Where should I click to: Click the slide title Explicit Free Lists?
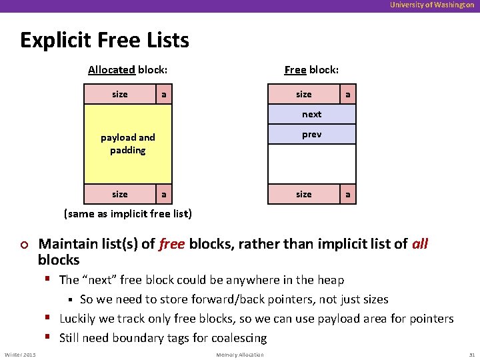[x=105, y=41]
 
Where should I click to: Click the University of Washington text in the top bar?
[x=432, y=5]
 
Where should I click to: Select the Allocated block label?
[x=127, y=69]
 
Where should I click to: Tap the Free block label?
[x=311, y=69]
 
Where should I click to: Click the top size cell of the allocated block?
[x=120, y=95]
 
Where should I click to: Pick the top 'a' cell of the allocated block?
[x=163, y=95]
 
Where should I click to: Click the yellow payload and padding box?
[x=128, y=143]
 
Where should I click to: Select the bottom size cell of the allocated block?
[x=120, y=194]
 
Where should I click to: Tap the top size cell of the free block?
[x=303, y=95]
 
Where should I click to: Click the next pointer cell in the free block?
[x=311, y=115]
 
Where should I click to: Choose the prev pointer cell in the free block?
[x=311, y=134]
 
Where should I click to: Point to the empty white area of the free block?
[x=311, y=164]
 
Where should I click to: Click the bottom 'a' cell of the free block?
[x=347, y=194]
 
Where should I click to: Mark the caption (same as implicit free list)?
[x=127, y=214]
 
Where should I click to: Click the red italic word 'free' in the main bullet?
[x=172, y=245]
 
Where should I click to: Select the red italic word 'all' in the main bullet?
[x=420, y=245]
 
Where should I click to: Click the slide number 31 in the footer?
[x=471, y=355]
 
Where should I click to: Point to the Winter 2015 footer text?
[x=21, y=355]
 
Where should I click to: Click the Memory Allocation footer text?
[x=240, y=355]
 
